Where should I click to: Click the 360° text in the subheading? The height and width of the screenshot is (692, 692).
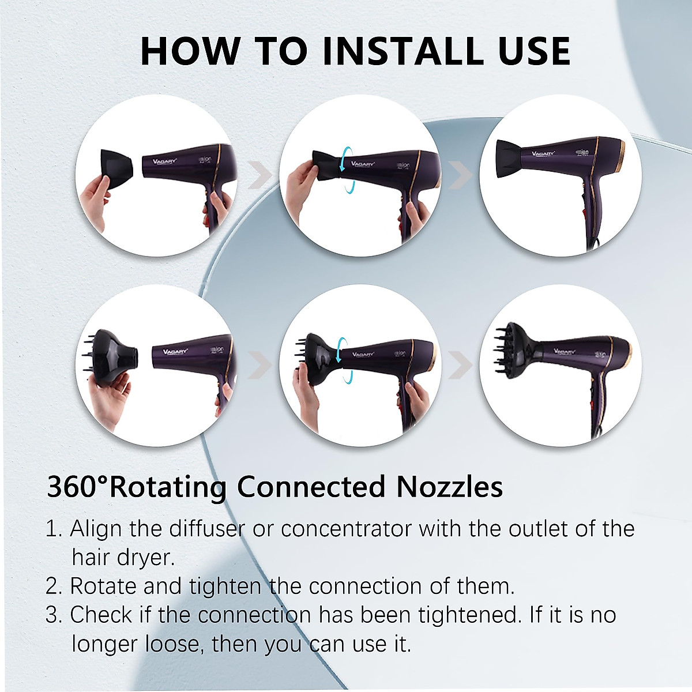(x=77, y=487)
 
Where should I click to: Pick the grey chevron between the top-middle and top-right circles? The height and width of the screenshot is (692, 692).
(x=460, y=175)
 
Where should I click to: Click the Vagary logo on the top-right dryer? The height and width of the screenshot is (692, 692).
(x=543, y=153)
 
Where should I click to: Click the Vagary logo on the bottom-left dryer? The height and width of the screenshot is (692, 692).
(x=175, y=351)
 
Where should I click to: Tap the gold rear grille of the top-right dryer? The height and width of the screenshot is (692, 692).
(x=620, y=156)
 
